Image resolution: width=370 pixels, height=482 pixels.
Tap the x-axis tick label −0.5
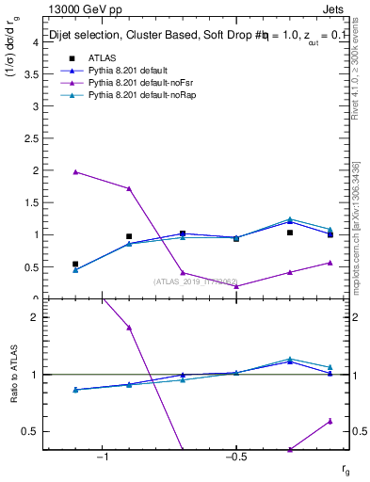(233, 458)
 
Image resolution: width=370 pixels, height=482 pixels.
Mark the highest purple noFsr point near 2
(75, 171)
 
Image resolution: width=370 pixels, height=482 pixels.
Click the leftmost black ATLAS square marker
(75, 265)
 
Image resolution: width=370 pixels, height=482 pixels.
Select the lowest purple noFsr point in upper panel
(236, 286)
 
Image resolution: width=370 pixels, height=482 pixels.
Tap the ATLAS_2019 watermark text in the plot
(198, 281)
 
